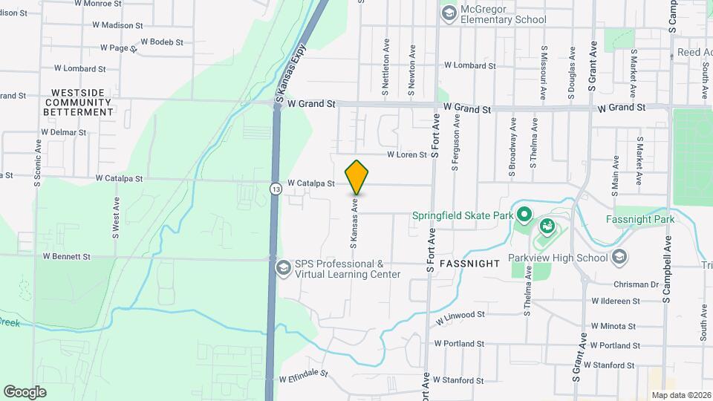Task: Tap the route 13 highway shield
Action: tap(276, 189)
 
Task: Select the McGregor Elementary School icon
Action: tap(448, 13)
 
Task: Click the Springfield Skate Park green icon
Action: tap(524, 216)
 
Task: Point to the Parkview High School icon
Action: tap(619, 258)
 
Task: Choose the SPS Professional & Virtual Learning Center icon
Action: tap(283, 267)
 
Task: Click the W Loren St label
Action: tap(406, 155)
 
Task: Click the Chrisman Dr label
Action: tap(637, 284)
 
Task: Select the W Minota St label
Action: tap(613, 326)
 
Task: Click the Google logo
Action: tap(25, 391)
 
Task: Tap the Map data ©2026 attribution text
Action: tap(681, 395)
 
